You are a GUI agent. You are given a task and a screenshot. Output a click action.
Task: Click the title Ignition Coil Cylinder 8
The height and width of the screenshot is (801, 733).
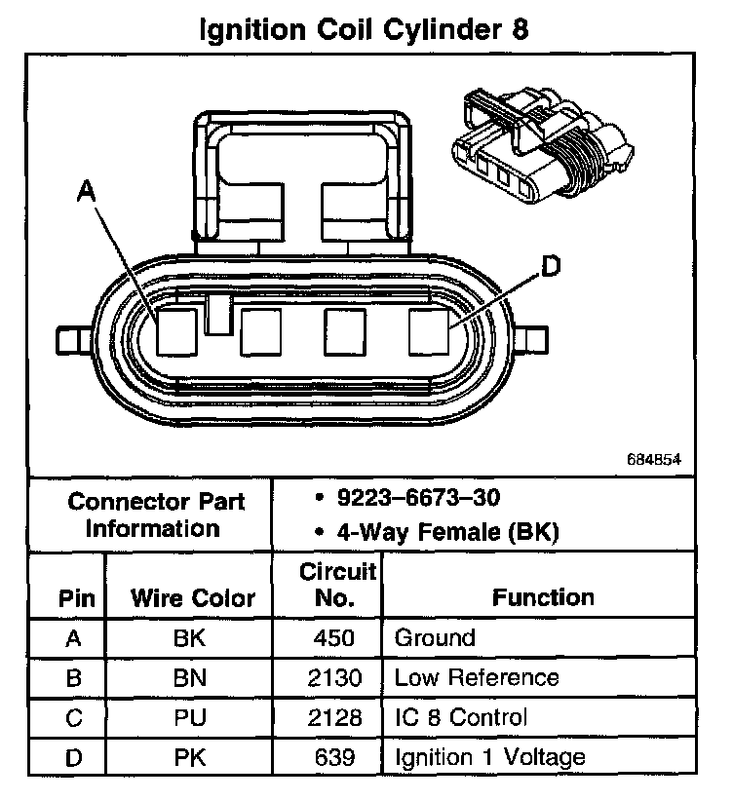pyautogui.click(x=365, y=28)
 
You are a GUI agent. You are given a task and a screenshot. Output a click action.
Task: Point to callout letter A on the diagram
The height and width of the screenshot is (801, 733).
pyautogui.click(x=87, y=194)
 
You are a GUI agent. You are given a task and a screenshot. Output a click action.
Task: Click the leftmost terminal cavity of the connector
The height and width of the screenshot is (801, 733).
pyautogui.click(x=176, y=332)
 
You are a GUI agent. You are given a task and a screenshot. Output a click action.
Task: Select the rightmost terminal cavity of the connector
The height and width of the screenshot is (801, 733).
pyautogui.click(x=429, y=332)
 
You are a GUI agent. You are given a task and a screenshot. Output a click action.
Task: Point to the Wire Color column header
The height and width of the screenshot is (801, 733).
pyautogui.click(x=193, y=597)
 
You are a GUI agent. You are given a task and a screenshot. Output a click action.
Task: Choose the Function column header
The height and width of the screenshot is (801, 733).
pyautogui.click(x=542, y=596)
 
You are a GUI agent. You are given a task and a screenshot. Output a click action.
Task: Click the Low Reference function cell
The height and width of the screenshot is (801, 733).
pyautogui.click(x=476, y=678)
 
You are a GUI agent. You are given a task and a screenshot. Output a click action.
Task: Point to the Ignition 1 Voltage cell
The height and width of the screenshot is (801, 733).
pyautogui.click(x=489, y=757)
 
